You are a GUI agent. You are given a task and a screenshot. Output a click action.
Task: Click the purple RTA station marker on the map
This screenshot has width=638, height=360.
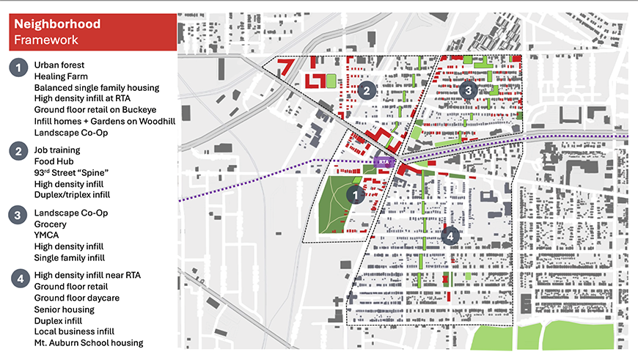click(x=383, y=161)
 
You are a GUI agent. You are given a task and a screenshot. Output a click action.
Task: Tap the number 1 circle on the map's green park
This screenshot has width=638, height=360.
click(x=355, y=195)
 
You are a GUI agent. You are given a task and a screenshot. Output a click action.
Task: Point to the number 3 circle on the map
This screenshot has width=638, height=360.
click(x=469, y=90)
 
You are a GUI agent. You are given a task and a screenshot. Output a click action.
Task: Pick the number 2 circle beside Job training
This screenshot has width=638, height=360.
click(x=18, y=153)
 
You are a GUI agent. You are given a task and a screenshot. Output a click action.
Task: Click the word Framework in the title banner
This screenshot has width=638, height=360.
click(x=45, y=40)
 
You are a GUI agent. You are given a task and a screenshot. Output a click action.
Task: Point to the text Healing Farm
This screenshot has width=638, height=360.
click(x=61, y=76)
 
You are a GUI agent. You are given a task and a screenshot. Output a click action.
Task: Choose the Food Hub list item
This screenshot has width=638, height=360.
click(x=54, y=161)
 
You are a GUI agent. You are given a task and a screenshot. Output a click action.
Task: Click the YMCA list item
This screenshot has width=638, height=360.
click(x=46, y=235)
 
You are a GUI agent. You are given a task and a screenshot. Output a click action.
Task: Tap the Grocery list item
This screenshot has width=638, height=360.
click(x=51, y=224)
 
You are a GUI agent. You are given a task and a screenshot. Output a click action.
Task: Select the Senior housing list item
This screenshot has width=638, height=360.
click(x=65, y=309)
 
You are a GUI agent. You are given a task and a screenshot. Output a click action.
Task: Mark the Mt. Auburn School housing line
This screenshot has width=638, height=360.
click(x=88, y=342)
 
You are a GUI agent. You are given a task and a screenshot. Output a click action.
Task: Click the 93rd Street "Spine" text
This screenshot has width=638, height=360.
click(x=71, y=172)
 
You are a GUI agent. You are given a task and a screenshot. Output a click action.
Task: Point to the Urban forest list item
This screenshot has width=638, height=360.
click(x=59, y=65)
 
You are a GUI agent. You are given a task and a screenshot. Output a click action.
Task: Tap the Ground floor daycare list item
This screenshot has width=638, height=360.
click(x=76, y=298)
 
